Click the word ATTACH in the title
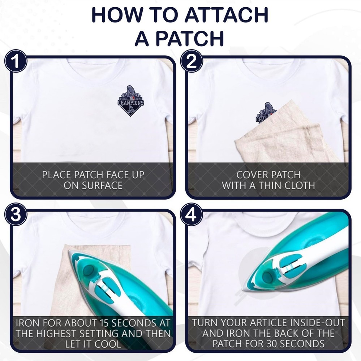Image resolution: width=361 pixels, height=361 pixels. tap(226, 15)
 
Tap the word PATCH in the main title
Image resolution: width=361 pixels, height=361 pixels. tap(190, 38)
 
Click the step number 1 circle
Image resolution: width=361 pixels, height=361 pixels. tap(16, 61)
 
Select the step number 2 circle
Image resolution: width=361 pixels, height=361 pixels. tap(192, 61)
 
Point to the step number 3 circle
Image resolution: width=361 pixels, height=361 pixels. tap(16, 214)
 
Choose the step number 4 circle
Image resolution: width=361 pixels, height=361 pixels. tap(192, 214)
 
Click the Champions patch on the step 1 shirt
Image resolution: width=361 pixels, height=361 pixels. tap(131, 101)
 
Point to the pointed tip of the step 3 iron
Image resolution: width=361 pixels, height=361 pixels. tap(69, 251)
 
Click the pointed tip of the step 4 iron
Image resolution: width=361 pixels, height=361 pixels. tap(246, 291)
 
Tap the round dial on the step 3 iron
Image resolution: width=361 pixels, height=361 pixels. tap(88, 269)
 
